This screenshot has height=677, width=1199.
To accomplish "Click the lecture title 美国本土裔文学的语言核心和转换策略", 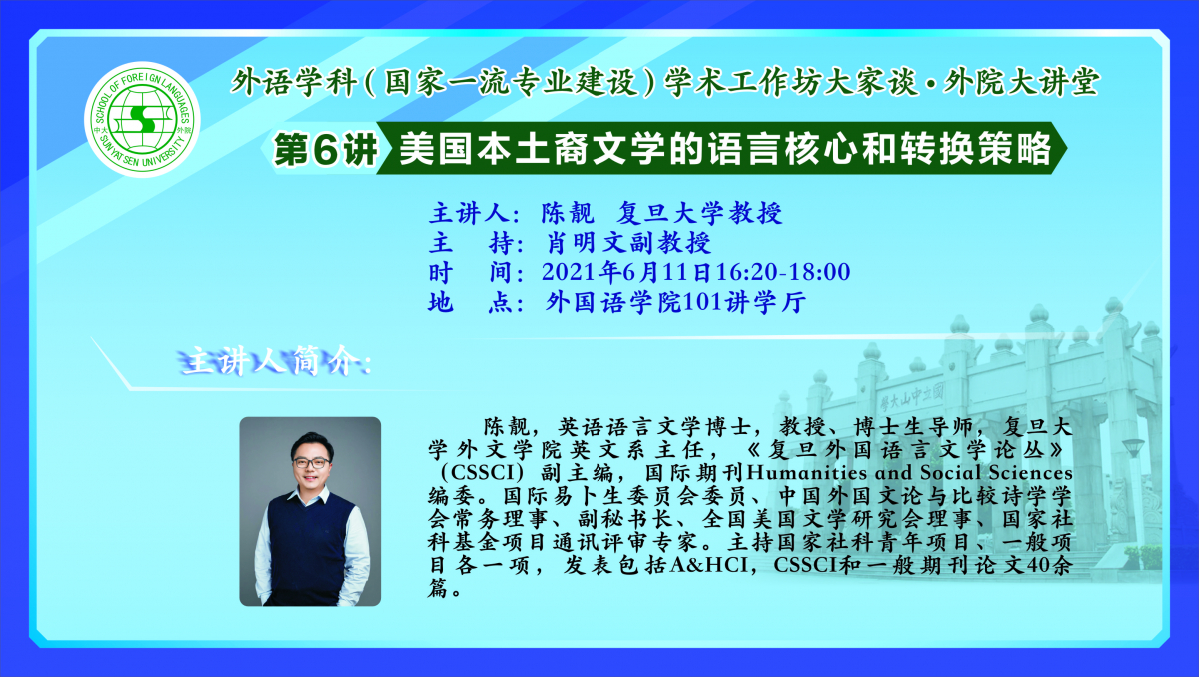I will [x=724, y=150].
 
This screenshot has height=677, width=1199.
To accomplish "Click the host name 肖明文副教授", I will [x=628, y=243].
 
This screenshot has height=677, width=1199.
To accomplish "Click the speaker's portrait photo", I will [x=310, y=511].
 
